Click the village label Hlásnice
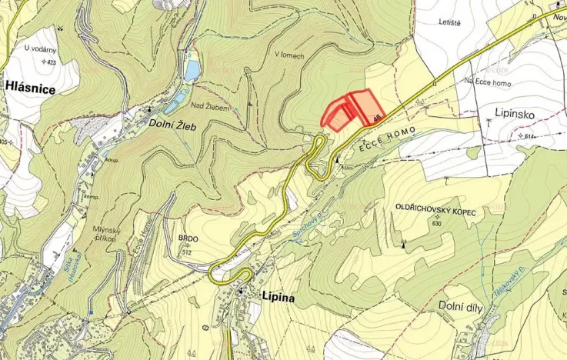(x=30, y=89)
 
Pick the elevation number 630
(x=438, y=223)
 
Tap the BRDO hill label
(x=188, y=239)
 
